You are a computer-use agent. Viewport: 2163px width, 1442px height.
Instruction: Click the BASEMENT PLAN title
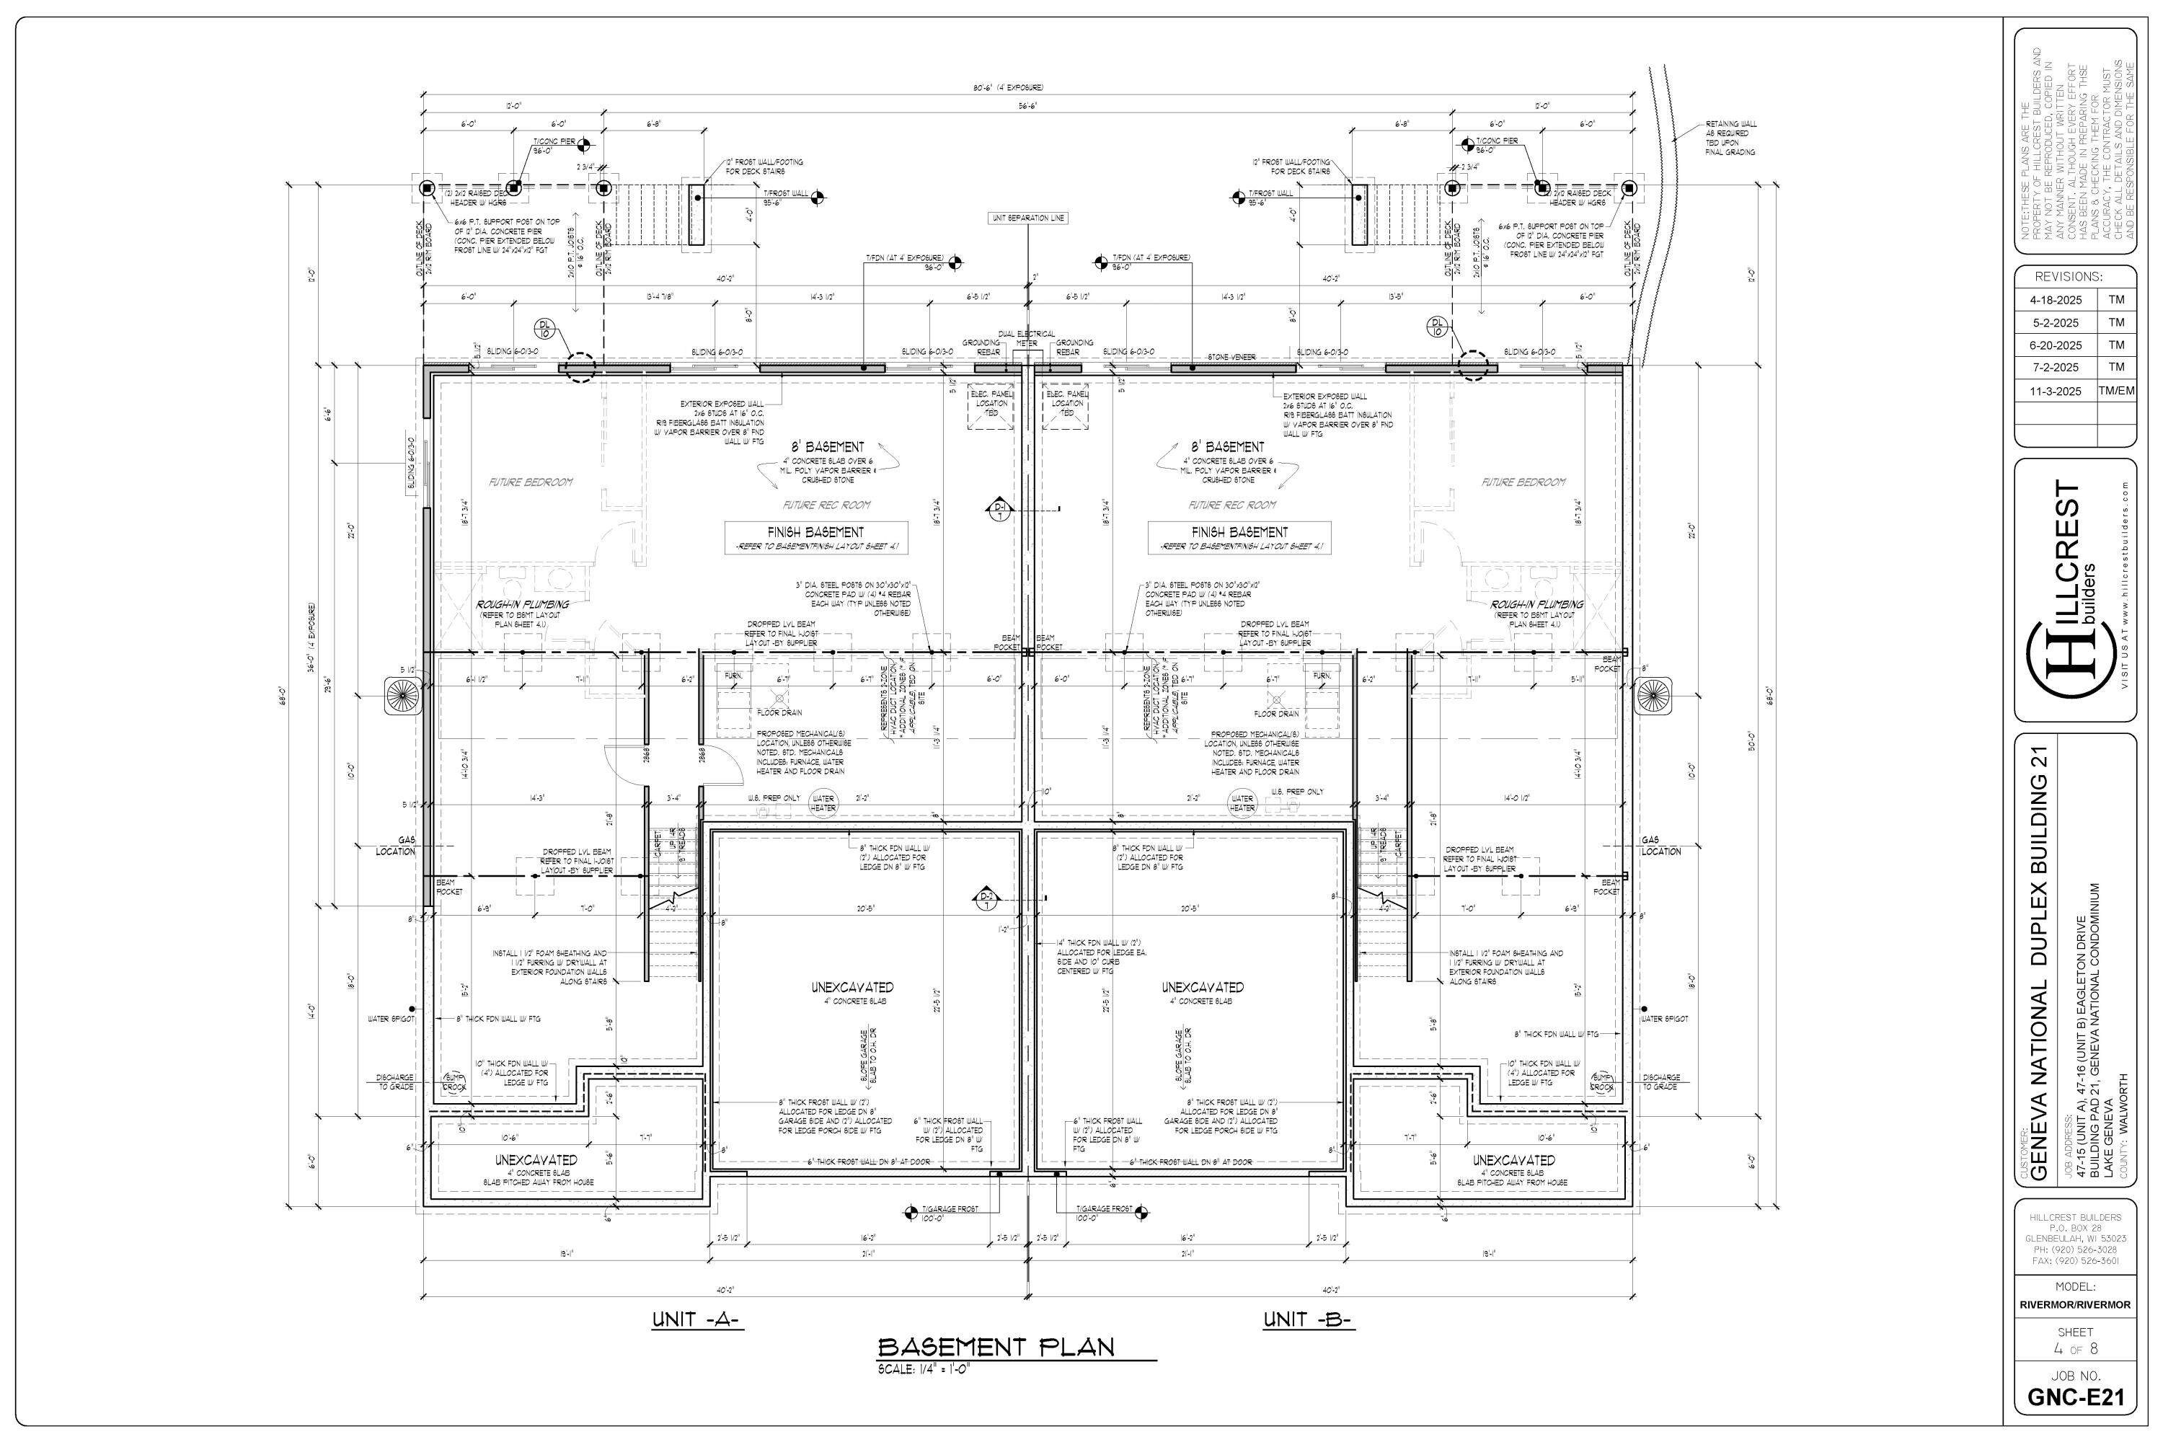[996, 1348]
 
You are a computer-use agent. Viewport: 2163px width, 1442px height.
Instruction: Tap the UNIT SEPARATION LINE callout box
[1028, 218]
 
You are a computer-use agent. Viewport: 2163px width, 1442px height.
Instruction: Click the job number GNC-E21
[2076, 1398]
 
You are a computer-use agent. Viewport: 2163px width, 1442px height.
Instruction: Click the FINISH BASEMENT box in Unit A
[815, 538]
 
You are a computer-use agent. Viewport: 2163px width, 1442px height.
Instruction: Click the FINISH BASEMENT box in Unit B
[1239, 538]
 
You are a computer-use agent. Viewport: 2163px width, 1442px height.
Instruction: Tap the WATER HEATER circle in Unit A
[823, 804]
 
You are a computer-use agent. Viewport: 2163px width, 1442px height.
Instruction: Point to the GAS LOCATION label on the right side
[1661, 845]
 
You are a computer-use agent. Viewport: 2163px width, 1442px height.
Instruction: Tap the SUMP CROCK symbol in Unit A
[454, 1081]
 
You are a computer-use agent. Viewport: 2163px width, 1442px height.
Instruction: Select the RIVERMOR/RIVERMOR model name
[2075, 1305]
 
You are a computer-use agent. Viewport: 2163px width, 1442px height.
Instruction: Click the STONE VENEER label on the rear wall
[1231, 356]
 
